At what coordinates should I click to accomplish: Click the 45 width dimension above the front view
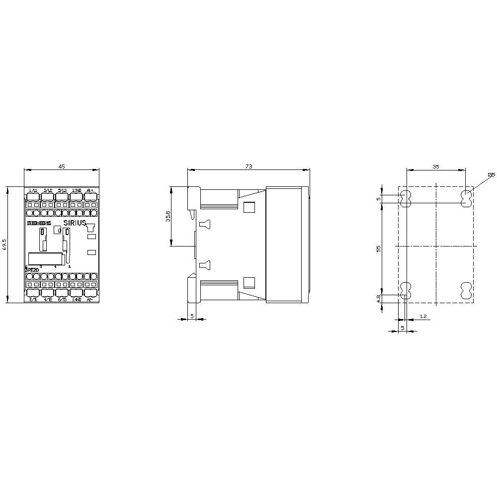(x=62, y=167)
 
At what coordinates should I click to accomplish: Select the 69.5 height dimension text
(x=4, y=245)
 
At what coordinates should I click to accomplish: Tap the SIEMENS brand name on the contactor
(x=39, y=224)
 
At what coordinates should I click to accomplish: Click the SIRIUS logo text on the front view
(x=75, y=223)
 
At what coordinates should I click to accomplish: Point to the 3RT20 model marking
(x=32, y=269)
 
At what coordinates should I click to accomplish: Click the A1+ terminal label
(x=90, y=190)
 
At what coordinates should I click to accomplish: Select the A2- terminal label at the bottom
(x=90, y=300)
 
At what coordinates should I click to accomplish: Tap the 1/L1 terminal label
(x=33, y=190)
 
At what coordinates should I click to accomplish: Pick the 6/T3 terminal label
(x=62, y=300)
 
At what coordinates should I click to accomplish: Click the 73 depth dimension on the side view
(x=248, y=167)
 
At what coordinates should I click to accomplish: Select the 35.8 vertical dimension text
(x=168, y=217)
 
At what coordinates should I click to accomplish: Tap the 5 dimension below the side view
(x=191, y=316)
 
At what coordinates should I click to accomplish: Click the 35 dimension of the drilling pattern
(x=436, y=167)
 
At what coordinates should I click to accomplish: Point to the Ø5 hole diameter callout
(x=491, y=174)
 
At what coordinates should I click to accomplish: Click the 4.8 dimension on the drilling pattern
(x=379, y=298)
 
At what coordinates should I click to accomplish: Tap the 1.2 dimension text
(x=422, y=316)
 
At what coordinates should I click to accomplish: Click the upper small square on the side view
(x=249, y=208)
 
